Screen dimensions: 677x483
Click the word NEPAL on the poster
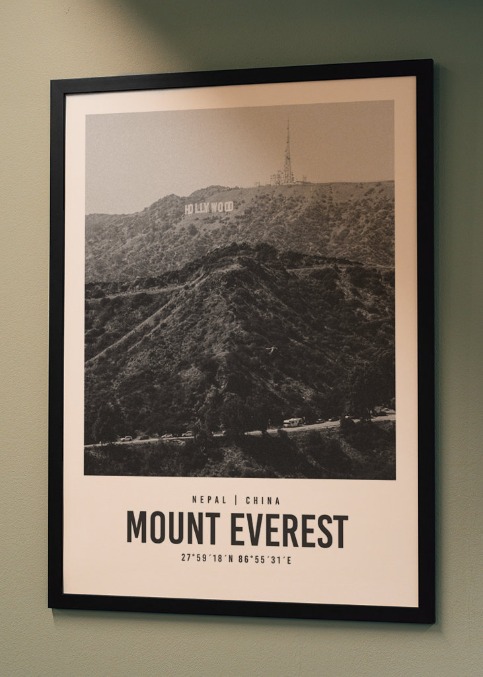209,500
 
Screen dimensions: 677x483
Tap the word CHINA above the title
263,500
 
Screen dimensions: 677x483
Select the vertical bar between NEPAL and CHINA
236,500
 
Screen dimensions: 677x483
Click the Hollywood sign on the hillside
209,208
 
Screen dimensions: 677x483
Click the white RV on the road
292,422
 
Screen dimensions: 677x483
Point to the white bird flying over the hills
270,350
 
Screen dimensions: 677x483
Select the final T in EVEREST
341,532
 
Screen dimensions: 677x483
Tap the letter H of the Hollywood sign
188,210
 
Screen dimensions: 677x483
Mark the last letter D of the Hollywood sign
230,206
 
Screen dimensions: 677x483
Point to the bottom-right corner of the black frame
433,621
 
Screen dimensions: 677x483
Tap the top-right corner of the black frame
432,61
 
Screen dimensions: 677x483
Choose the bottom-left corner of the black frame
50,606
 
